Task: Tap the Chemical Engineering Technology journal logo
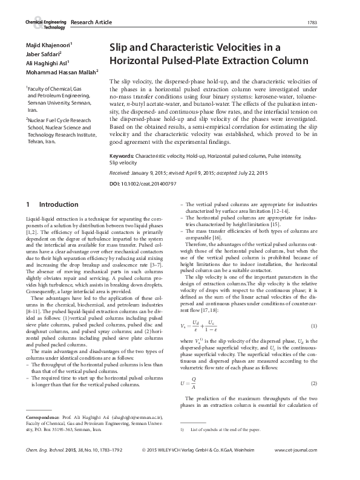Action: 45,23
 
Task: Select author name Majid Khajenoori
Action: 48,45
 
